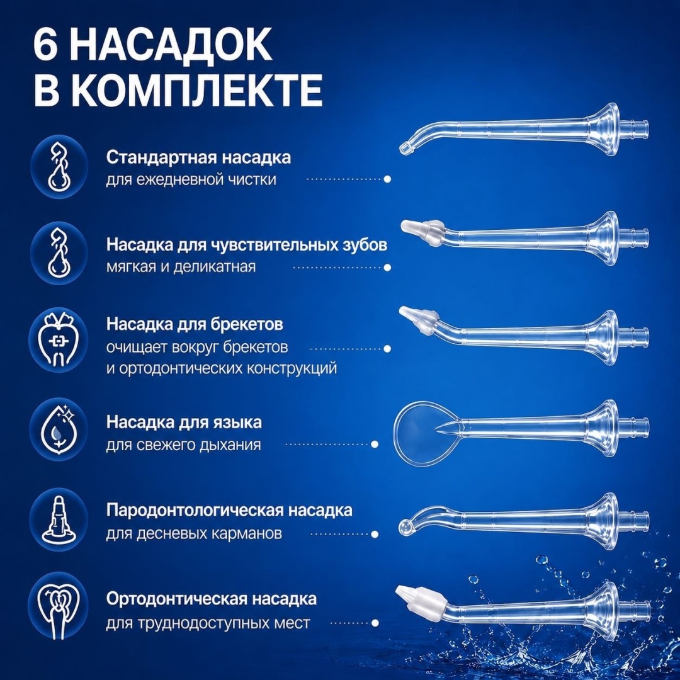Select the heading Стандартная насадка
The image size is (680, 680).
point(198,157)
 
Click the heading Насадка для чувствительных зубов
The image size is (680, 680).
point(247,245)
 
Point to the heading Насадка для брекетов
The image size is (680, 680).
point(195,324)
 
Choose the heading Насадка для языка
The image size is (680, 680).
point(184,422)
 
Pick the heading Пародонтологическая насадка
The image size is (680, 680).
point(229,511)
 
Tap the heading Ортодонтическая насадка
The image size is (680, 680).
point(211,599)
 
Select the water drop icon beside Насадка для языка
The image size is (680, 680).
point(59,429)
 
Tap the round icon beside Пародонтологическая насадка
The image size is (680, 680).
point(59,518)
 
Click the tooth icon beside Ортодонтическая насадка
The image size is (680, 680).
point(59,606)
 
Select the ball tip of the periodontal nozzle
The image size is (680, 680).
point(404,526)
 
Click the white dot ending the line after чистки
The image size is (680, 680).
point(387,179)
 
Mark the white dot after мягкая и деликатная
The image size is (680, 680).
point(387,267)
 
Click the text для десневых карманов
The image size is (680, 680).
point(194,533)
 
